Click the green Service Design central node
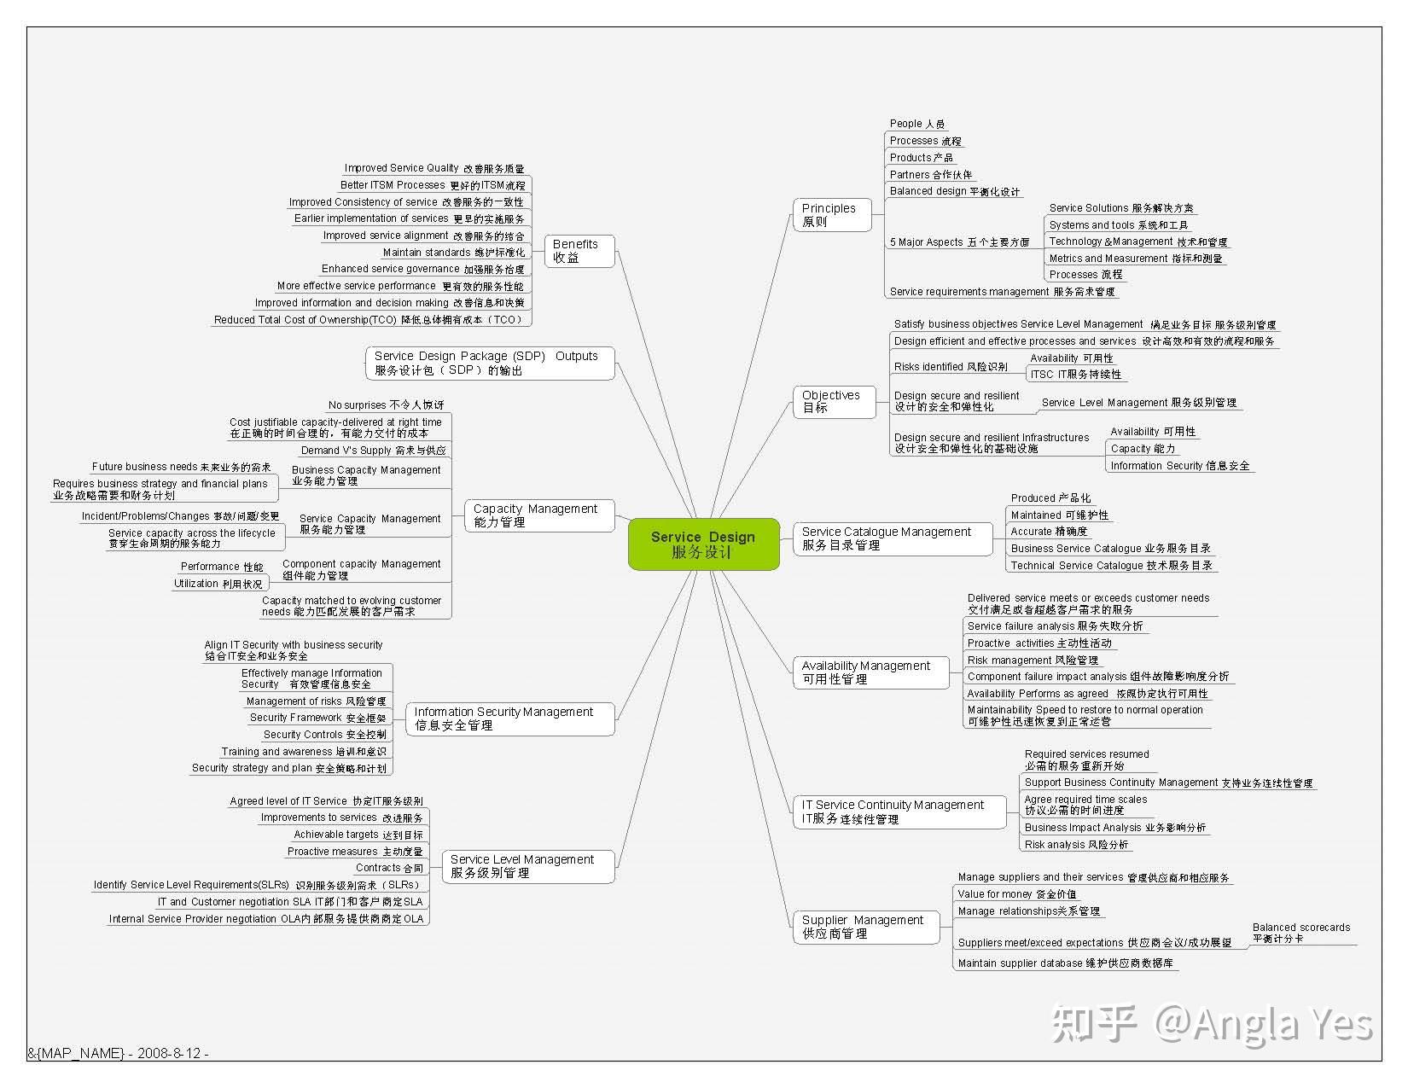[703, 544]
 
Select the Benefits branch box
[579, 251]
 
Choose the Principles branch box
[831, 215]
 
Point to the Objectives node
[834, 401]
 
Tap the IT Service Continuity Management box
[897, 812]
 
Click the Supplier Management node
[865, 927]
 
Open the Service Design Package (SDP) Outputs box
[490, 363]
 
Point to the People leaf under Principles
[916, 124]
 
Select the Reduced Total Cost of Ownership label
[369, 320]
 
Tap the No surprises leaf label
[386, 404]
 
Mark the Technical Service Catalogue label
[1110, 565]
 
